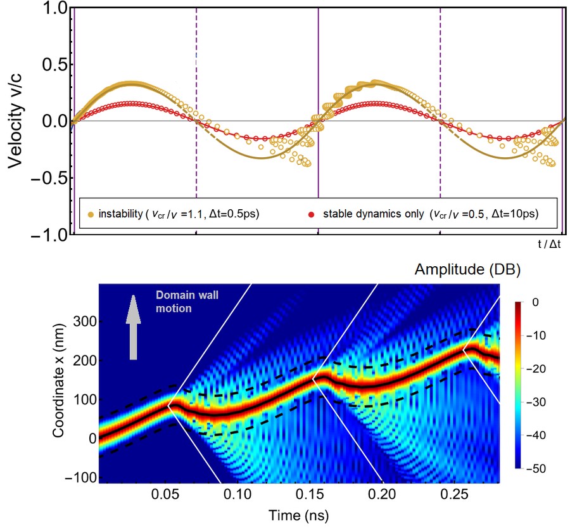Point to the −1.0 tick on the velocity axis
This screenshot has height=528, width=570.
coord(46,235)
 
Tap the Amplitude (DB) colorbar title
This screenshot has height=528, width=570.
coord(467,271)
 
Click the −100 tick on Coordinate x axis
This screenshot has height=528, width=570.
coord(78,476)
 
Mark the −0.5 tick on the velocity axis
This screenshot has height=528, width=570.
coord(46,179)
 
